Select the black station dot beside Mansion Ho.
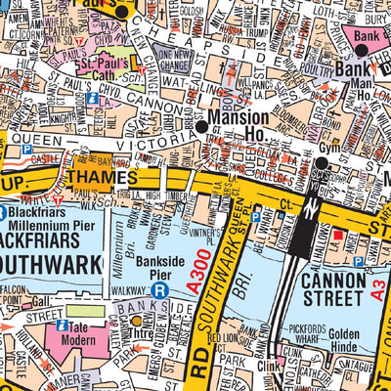point(201,127)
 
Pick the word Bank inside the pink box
point(366,36)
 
